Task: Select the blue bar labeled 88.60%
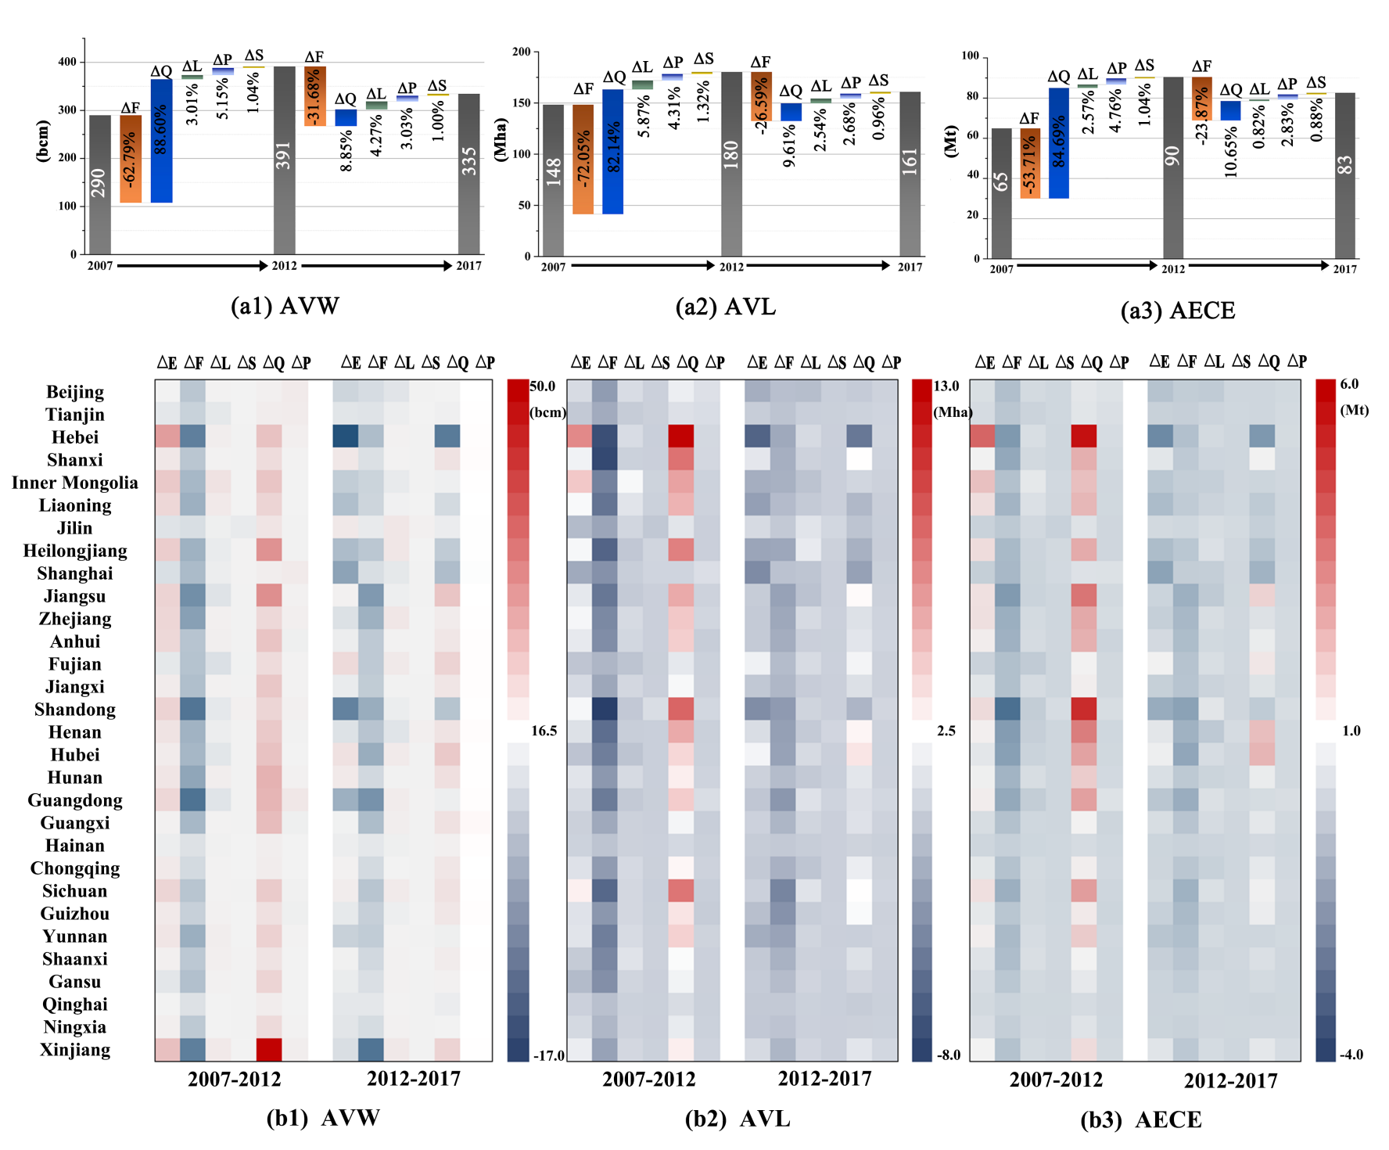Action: (x=162, y=141)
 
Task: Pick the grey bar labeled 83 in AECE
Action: (x=1344, y=175)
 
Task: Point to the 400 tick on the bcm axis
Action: (x=68, y=62)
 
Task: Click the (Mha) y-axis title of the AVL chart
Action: (x=501, y=139)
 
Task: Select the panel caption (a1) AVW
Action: (x=285, y=306)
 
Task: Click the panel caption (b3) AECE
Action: (x=1140, y=1119)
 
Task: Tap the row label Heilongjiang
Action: (x=75, y=551)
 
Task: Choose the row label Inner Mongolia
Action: (x=75, y=483)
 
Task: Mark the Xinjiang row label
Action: (x=75, y=1050)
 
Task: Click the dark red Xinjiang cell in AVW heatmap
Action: (x=269, y=1049)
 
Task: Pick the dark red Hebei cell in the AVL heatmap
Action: (x=681, y=436)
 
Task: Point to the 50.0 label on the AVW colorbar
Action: (x=543, y=386)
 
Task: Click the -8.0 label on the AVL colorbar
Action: (x=949, y=1055)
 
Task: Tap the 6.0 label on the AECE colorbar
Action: (x=1349, y=384)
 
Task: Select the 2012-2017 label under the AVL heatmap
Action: (x=824, y=1079)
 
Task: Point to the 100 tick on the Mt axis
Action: (x=971, y=56)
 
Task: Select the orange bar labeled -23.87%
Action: (x=1202, y=99)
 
